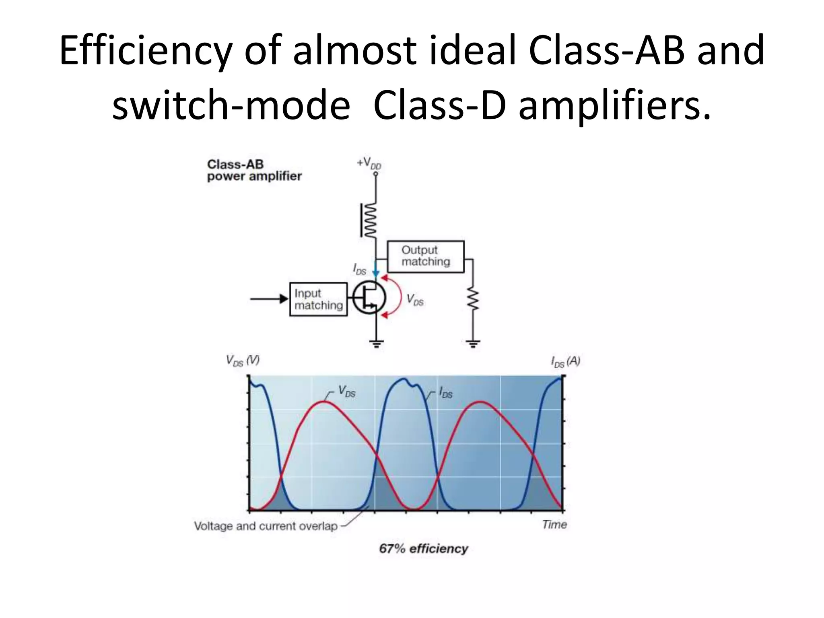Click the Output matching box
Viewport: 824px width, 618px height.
[425, 257]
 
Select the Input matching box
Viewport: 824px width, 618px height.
[318, 299]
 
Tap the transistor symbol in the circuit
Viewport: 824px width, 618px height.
[369, 298]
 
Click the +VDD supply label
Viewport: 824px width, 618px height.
[369, 163]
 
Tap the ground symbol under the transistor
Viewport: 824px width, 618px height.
[376, 344]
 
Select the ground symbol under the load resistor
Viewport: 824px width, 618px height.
[473, 344]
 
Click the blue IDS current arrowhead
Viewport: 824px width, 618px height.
[376, 274]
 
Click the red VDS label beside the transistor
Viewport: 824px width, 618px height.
[415, 300]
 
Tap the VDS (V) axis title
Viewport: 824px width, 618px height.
[243, 360]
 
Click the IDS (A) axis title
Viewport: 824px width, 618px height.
[565, 362]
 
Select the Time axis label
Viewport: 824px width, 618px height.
[554, 525]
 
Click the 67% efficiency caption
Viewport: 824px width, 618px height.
[424, 549]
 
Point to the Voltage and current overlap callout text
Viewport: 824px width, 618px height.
[266, 526]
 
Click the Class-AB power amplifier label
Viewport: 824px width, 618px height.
[254, 170]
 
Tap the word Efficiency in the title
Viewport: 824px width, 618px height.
[146, 51]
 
